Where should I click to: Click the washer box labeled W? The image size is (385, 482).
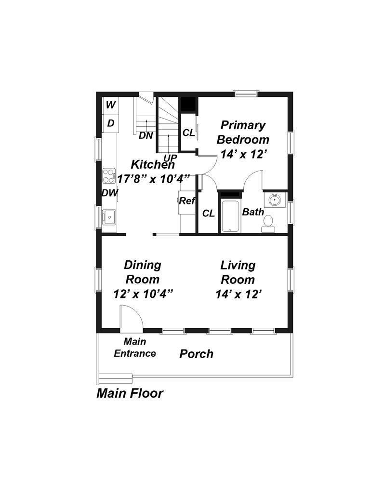click(110, 105)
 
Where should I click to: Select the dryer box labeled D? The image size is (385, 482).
click(110, 123)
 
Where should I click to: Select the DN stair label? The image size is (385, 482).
click(146, 135)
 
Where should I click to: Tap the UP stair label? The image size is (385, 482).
click(170, 158)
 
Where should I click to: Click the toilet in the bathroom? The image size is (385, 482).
click(268, 223)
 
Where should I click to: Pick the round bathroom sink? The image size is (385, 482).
click(275, 200)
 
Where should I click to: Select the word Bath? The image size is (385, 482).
click(252, 212)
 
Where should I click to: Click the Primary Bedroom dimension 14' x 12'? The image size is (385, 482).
click(244, 154)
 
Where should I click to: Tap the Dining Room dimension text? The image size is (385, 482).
click(143, 294)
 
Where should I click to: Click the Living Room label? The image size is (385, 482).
click(238, 272)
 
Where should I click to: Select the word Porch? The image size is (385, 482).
click(196, 354)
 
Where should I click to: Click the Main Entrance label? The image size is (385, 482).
click(135, 348)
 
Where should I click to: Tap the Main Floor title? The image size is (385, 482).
click(130, 393)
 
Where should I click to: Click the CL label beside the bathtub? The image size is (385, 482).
click(208, 213)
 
